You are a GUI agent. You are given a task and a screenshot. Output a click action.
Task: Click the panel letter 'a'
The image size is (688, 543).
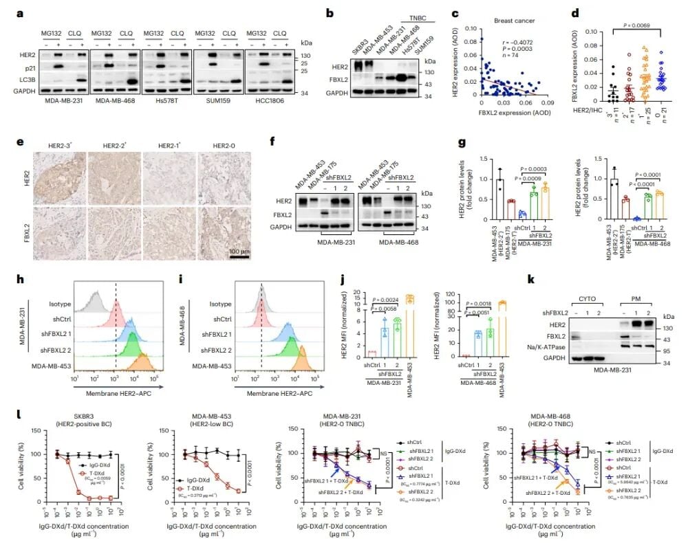(x=8, y=12)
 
